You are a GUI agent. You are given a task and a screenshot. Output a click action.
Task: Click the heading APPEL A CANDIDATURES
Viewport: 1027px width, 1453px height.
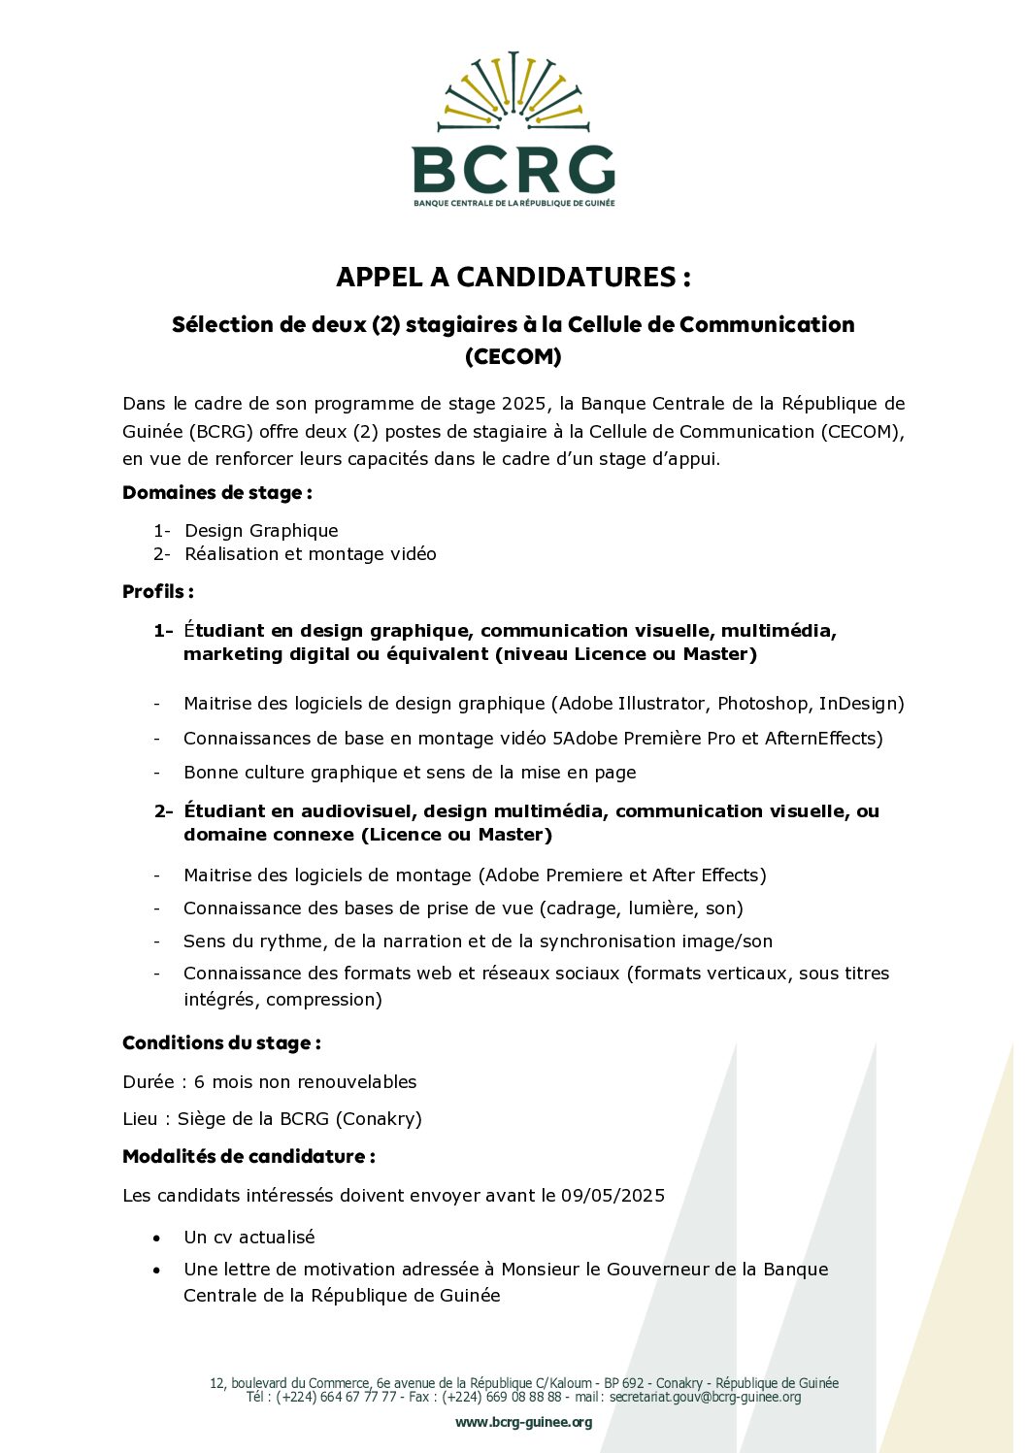(513, 277)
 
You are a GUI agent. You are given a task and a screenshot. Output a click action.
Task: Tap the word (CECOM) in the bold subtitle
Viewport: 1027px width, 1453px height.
(513, 356)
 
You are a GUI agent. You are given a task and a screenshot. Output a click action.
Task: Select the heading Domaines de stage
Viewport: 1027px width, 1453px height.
(216, 492)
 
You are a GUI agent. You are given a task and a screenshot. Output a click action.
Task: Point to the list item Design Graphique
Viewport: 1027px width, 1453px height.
(261, 530)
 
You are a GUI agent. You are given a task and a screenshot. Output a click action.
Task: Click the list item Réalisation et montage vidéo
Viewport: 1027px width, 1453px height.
(310, 553)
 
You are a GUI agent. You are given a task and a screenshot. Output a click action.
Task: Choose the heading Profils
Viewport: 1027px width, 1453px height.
(157, 591)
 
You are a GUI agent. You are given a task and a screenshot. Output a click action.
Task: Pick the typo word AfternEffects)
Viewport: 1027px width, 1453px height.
(824, 738)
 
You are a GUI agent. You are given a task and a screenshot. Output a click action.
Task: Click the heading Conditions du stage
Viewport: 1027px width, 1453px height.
(221, 1042)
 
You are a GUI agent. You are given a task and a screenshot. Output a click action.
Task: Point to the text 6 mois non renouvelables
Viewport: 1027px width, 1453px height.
(305, 1081)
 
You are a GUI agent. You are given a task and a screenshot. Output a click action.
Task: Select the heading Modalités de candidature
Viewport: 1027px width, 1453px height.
(248, 1156)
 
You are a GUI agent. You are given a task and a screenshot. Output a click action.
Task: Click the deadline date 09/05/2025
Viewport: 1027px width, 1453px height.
(613, 1195)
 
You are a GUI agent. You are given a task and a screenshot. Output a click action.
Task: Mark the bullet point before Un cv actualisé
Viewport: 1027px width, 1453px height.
(156, 1238)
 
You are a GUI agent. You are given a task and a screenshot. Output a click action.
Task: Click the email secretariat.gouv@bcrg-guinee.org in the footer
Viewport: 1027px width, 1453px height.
(706, 1397)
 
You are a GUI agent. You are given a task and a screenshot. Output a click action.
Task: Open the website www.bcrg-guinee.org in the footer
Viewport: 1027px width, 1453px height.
(523, 1422)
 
